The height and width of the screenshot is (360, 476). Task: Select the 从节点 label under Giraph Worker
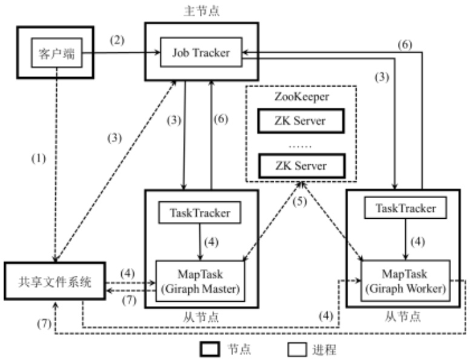point(400,316)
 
